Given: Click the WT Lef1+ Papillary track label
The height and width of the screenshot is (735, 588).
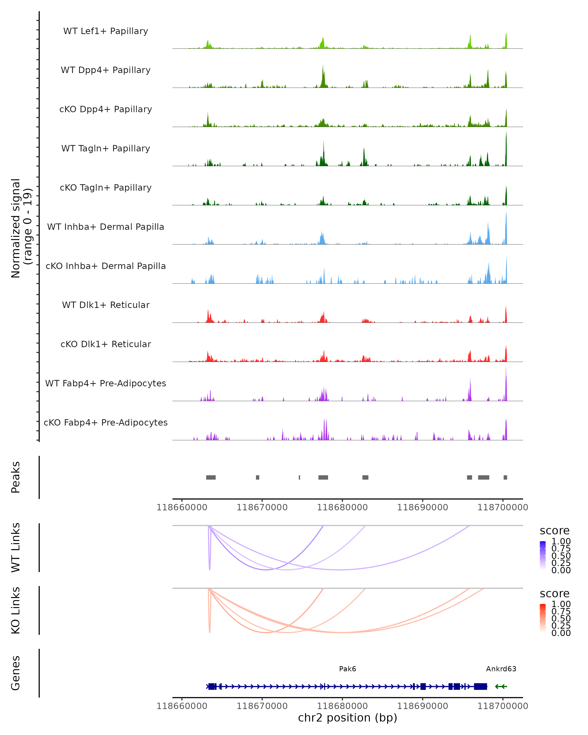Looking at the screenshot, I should [x=106, y=31].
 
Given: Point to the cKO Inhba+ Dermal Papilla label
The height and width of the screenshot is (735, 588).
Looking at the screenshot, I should [x=106, y=266].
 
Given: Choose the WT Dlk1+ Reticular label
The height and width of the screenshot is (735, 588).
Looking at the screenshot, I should [x=106, y=305].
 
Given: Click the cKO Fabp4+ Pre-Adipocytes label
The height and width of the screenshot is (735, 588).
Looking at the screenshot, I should [x=106, y=422].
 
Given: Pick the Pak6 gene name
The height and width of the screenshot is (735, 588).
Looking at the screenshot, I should [x=347, y=669].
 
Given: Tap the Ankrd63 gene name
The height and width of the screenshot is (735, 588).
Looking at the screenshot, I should [x=501, y=669].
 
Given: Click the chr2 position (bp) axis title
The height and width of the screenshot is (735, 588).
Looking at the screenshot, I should [x=347, y=718].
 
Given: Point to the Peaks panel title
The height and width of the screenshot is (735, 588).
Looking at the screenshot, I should [x=16, y=477].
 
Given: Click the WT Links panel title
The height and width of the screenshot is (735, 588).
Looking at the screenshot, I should [x=16, y=547].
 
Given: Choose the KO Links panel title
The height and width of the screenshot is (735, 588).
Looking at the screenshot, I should [x=16, y=610].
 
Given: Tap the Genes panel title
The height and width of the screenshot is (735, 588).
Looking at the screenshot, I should [x=16, y=673].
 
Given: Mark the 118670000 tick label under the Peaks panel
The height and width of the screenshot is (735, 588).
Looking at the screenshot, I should [x=262, y=507].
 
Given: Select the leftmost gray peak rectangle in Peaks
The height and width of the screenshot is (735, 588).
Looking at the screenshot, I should [x=211, y=477].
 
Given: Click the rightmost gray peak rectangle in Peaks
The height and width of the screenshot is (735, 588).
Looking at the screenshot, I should [x=505, y=477].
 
